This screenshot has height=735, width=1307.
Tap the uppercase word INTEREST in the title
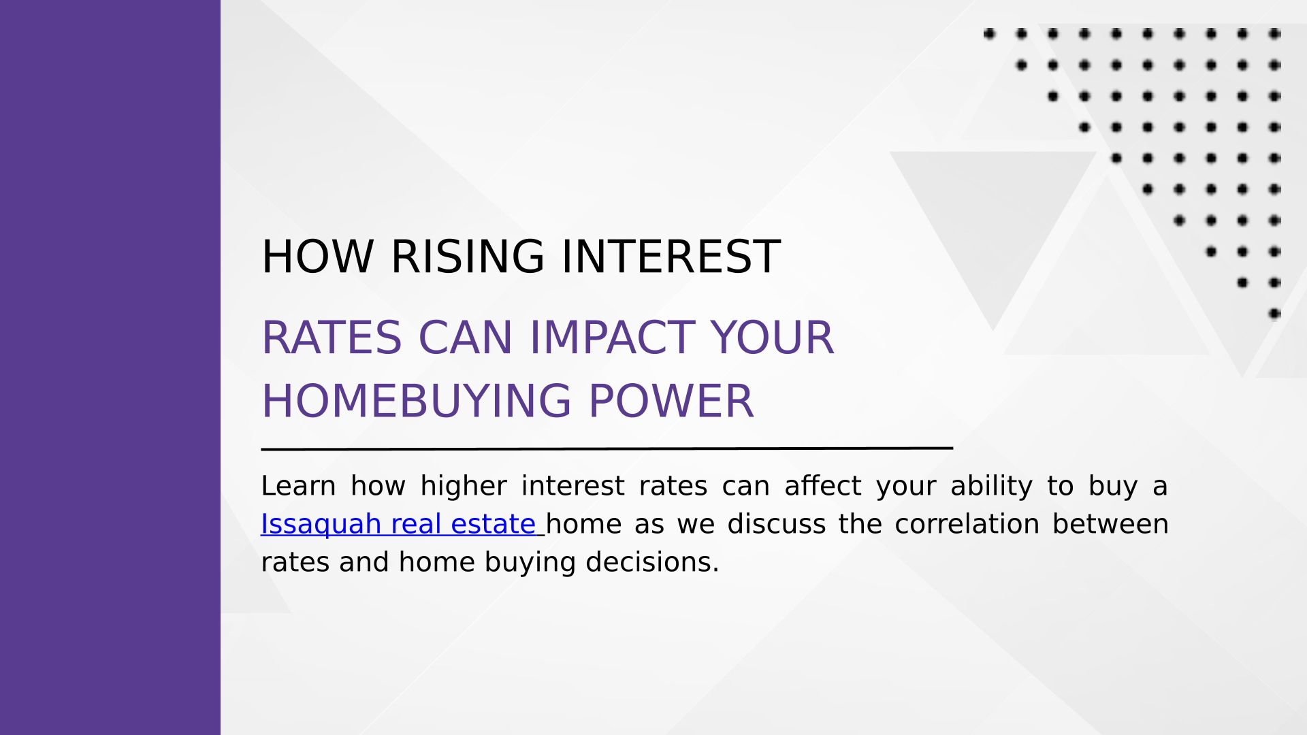coord(671,257)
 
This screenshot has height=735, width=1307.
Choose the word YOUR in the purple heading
coord(772,338)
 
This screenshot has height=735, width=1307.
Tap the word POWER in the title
coord(671,401)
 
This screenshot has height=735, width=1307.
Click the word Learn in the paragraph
coord(298,486)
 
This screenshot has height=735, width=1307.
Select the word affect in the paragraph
coord(822,485)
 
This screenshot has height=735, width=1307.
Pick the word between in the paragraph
coord(1110,524)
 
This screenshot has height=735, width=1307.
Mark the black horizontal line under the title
coord(607,448)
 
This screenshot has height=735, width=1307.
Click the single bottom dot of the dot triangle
coord(1274,314)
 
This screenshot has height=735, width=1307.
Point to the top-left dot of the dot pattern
coord(989,33)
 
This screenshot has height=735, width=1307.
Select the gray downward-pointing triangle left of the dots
coord(993,225)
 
